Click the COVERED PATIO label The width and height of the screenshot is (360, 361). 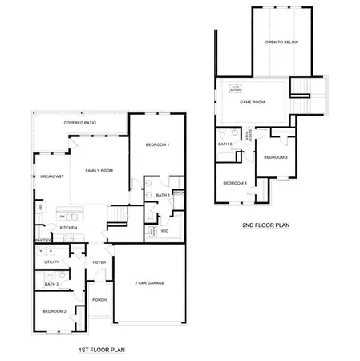point(81,124)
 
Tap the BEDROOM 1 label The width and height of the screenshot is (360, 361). point(157,144)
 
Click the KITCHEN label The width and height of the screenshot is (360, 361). point(69,228)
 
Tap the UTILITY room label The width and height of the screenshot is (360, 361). point(52,262)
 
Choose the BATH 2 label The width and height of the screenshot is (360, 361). point(51,284)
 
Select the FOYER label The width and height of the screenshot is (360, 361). point(99,262)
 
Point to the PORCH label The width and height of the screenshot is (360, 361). point(99,299)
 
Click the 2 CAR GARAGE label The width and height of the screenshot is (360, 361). point(149,283)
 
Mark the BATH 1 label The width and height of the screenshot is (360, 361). point(161,195)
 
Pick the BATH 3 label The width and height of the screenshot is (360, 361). point(225,144)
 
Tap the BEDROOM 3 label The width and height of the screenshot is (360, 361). point(276,157)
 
